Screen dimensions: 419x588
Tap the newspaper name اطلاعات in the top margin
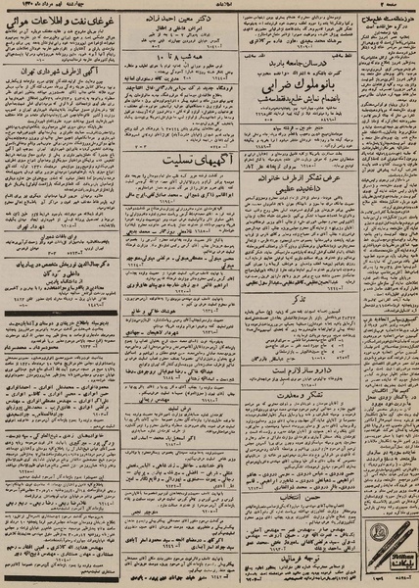[x=209, y=5]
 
